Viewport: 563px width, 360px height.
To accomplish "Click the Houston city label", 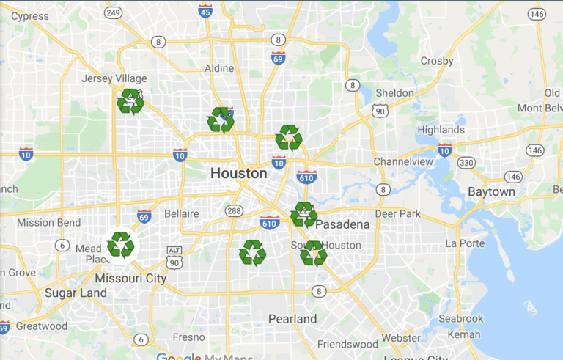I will pyautogui.click(x=238, y=174).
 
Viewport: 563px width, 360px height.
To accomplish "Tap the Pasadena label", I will pyautogui.click(x=342, y=224).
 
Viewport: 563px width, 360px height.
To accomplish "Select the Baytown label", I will pyautogui.click(x=491, y=192).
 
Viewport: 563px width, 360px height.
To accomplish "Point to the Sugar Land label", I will pyautogui.click(x=76, y=293).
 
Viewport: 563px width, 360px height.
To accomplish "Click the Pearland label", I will pyautogui.click(x=292, y=319).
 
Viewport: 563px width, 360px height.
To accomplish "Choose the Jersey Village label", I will pyautogui.click(x=114, y=78).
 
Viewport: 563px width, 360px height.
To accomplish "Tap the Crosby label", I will pyautogui.click(x=437, y=61).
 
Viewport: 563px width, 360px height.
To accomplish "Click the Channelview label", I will pyautogui.click(x=405, y=161).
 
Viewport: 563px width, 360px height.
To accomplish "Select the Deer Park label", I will pyautogui.click(x=397, y=214).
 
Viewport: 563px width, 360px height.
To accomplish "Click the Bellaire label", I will pyautogui.click(x=181, y=213).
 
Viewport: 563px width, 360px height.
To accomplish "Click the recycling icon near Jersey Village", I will pyautogui.click(x=130, y=102).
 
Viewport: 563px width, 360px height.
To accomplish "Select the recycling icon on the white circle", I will pyautogui.click(x=120, y=245).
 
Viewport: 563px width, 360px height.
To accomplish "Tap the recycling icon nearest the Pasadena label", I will pyautogui.click(x=303, y=214).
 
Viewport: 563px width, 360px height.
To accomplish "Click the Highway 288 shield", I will pyautogui.click(x=234, y=211).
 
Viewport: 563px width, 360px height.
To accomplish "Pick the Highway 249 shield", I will pyautogui.click(x=113, y=13).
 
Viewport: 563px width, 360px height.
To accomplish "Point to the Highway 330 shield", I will pyautogui.click(x=466, y=162).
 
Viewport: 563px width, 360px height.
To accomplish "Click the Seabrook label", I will pyautogui.click(x=460, y=319).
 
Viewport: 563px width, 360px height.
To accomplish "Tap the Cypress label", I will pyautogui.click(x=30, y=16).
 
